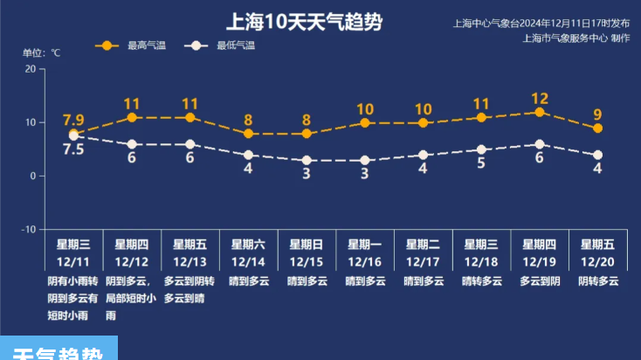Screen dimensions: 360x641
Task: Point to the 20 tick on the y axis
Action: point(31,69)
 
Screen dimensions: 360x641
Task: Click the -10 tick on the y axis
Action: point(29,229)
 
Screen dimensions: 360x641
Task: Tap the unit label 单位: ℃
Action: point(41,53)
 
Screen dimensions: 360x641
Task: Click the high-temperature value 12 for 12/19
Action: point(540,99)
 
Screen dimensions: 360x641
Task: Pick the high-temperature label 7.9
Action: point(73,120)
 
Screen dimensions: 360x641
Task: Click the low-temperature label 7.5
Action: point(73,149)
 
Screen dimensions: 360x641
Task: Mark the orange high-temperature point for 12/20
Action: point(597,128)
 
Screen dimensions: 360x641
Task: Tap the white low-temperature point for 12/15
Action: point(307,161)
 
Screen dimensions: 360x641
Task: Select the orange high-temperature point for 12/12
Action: point(132,117)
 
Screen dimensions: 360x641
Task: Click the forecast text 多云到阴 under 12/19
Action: point(540,281)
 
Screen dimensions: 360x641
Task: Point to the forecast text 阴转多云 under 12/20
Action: point(597,281)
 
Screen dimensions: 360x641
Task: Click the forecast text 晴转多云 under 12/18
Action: point(481,281)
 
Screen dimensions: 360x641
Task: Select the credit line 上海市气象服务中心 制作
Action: point(576,38)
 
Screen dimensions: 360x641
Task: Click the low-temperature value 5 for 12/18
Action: point(481,163)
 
